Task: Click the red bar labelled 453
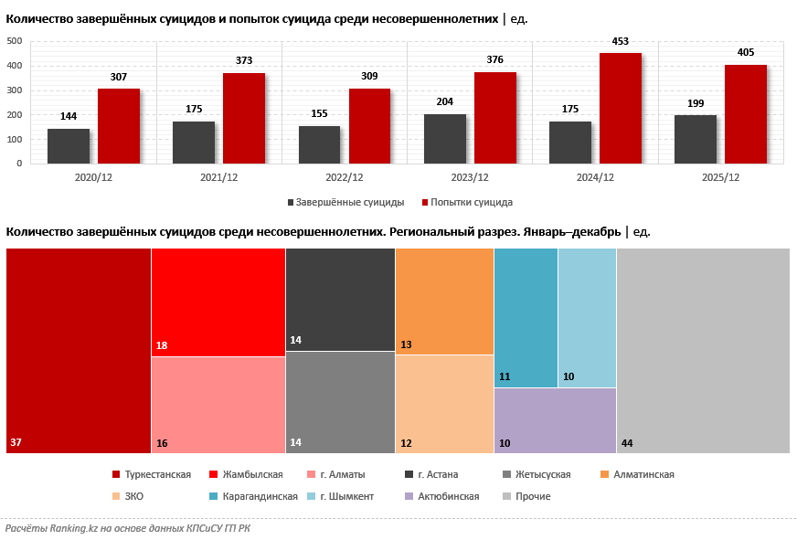(x=620, y=108)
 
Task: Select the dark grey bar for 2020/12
(x=69, y=146)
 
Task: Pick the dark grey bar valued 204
(x=445, y=139)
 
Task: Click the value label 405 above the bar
(x=745, y=53)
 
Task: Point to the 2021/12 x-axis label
(x=218, y=177)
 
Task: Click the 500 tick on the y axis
(x=14, y=41)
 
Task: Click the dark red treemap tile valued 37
(x=79, y=350)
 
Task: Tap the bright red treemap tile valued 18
(x=218, y=302)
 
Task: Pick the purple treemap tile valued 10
(x=555, y=420)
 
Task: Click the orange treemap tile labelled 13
(x=444, y=301)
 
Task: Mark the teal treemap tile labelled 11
(x=526, y=317)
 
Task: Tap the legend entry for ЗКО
(x=133, y=496)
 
